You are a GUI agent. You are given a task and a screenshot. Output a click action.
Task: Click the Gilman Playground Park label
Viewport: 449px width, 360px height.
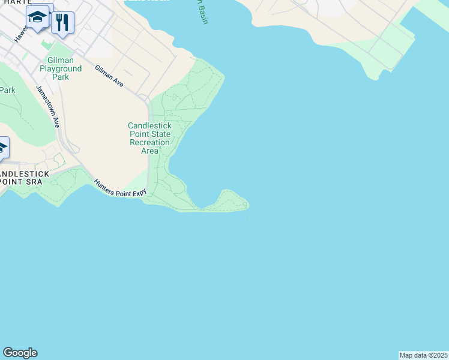coord(61,69)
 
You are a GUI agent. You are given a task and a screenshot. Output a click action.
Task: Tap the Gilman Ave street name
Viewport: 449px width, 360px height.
coord(109,77)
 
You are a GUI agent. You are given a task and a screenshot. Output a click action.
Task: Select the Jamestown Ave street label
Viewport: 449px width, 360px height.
coord(47,106)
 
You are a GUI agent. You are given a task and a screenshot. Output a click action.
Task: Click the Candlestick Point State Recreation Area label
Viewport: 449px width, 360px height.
coord(149,138)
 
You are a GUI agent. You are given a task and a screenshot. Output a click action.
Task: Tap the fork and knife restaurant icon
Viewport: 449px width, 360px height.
coord(62,23)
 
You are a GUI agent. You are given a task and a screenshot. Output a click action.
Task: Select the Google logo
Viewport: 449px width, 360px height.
coord(20,353)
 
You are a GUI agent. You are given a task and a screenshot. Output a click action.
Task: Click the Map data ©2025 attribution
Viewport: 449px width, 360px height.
coord(424,355)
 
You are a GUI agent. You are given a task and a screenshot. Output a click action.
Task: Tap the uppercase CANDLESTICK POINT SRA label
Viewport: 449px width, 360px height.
coord(24,177)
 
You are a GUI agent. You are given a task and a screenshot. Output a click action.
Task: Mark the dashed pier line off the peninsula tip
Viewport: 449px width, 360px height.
coord(248,214)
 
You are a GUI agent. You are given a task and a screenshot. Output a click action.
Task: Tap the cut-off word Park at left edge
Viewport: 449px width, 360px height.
coord(7,90)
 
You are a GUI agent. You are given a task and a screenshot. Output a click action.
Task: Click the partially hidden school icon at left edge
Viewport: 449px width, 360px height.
coord(2,148)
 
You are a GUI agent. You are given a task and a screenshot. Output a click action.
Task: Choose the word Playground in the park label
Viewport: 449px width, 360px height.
coord(61,69)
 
